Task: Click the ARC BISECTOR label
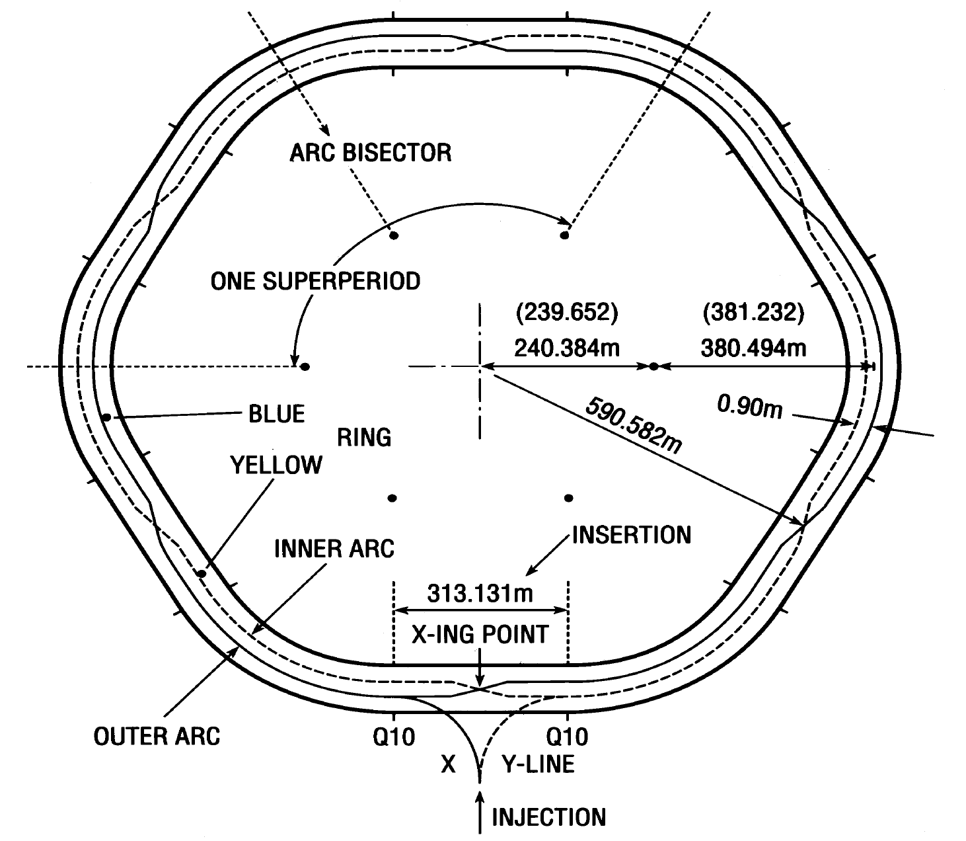(370, 153)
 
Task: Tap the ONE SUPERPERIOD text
(315, 281)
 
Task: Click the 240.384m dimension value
(567, 346)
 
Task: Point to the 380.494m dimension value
(754, 346)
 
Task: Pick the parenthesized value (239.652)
(566, 312)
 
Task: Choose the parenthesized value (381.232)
(754, 312)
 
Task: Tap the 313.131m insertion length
(480, 593)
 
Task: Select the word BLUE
(277, 414)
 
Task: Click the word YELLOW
(276, 465)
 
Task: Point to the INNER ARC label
(334, 548)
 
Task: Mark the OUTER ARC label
(157, 736)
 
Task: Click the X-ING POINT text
(480, 634)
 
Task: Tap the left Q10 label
(394, 736)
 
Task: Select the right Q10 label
(567, 736)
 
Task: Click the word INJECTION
(548, 817)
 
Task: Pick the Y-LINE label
(538, 764)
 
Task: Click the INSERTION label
(631, 534)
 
